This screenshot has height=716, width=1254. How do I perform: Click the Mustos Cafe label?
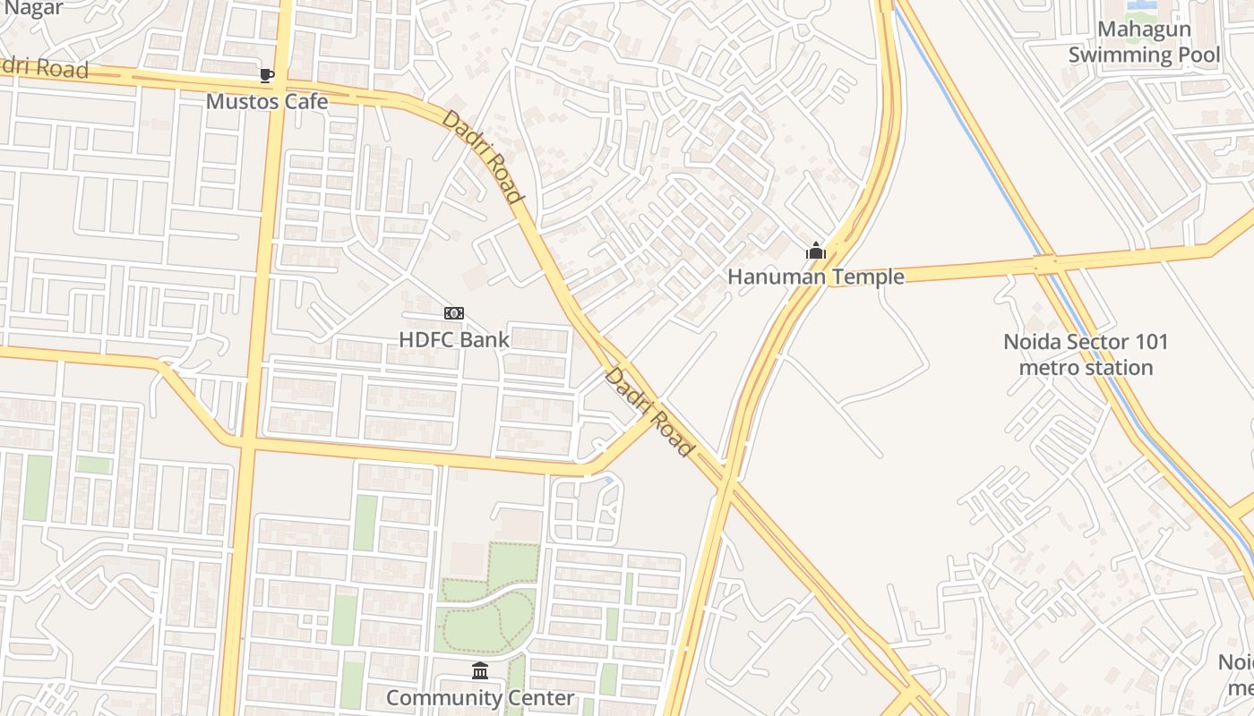pyautogui.click(x=267, y=101)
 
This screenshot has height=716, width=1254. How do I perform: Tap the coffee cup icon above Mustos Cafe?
pyautogui.click(x=266, y=75)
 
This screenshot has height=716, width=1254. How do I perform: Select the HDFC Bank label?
pyautogui.click(x=454, y=340)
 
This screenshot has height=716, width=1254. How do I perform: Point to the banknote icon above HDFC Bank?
pyautogui.click(x=454, y=313)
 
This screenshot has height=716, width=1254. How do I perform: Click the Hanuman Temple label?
pyautogui.click(x=815, y=277)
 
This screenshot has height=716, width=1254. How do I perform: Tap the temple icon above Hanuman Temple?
pyautogui.click(x=815, y=251)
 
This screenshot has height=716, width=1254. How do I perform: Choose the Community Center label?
pyautogui.click(x=480, y=697)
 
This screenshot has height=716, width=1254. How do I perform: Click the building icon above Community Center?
pyautogui.click(x=480, y=670)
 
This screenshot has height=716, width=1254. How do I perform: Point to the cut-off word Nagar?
pyautogui.click(x=33, y=8)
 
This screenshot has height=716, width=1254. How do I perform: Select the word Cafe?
pyautogui.click(x=306, y=101)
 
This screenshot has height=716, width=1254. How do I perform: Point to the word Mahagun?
pyautogui.click(x=1144, y=30)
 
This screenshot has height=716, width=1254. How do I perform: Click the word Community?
pyautogui.click(x=442, y=697)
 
